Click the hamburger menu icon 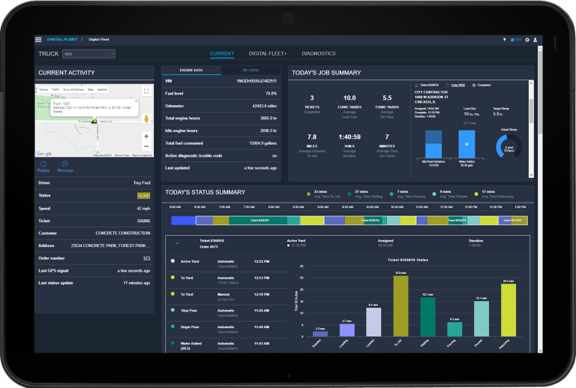(38, 39)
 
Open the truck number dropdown (88, 54)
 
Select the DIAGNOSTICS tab (318, 54)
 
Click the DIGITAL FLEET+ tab (268, 54)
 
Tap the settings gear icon (527, 39)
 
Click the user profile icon (535, 39)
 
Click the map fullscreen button (146, 89)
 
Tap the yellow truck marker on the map (92, 120)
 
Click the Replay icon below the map (43, 166)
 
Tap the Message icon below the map (65, 166)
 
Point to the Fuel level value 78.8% (270, 93)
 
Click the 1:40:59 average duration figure (349, 137)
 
